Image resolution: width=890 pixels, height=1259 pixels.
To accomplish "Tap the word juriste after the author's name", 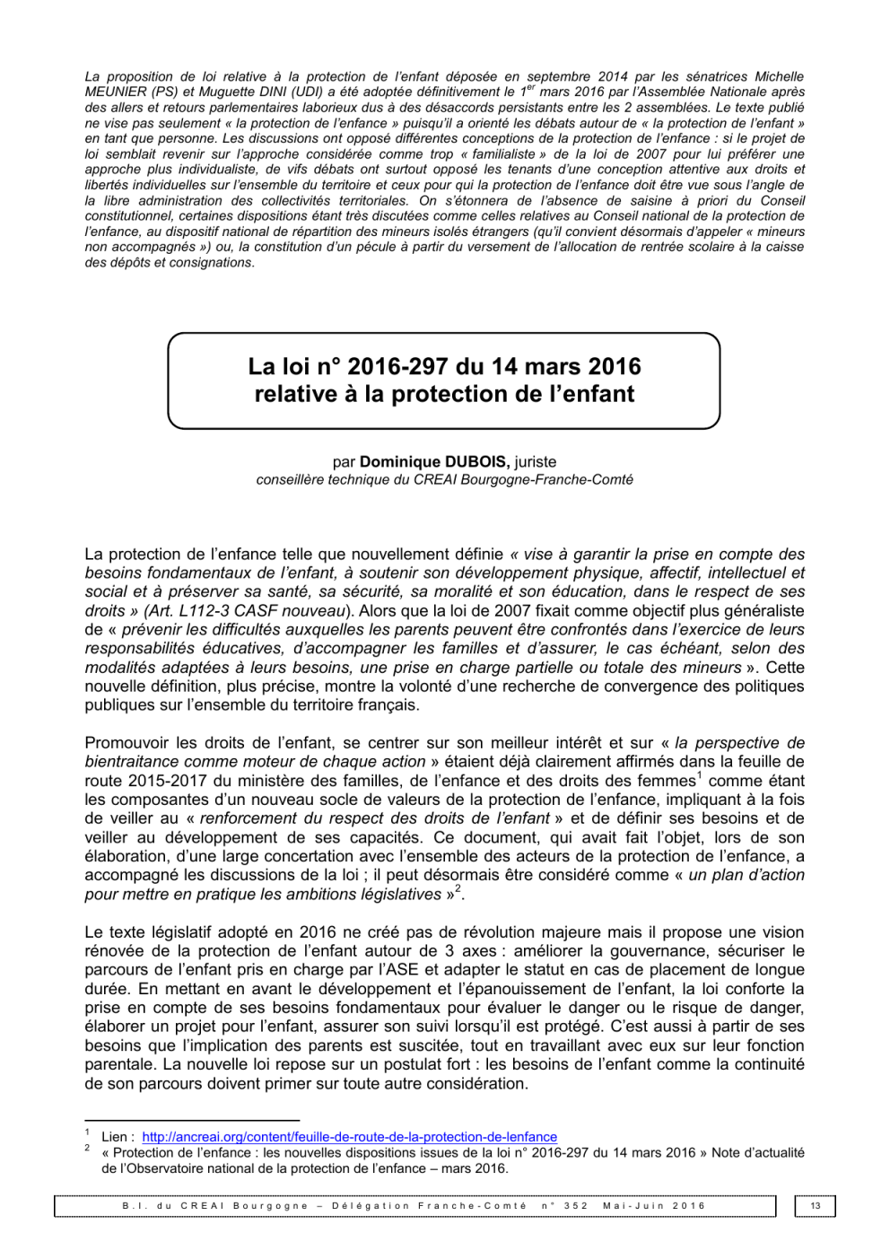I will pos(536,462).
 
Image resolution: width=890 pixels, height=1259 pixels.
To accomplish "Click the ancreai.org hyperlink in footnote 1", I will pos(349,1137).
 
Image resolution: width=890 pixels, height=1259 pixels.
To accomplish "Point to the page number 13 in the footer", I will pos(816,1206).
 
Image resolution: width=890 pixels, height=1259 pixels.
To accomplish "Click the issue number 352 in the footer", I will pos(576,1206).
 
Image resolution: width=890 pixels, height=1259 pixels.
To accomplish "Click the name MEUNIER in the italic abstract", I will pos(114,92).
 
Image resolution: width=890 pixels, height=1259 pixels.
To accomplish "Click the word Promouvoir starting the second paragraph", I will pos(127,743).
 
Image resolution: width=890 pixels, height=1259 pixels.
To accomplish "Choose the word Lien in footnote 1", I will pos(115,1137).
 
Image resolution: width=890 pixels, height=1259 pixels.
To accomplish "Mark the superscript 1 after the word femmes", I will pos(700,776).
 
